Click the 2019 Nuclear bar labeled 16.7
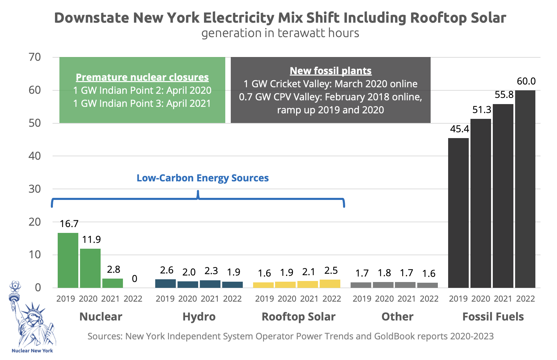(x=68, y=260)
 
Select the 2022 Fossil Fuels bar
(x=525, y=189)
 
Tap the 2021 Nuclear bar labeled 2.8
(x=113, y=283)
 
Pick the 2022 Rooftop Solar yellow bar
(x=330, y=284)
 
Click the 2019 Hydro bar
(x=166, y=283)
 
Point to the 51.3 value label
(x=481, y=110)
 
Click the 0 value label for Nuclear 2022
(x=135, y=279)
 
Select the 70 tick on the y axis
(x=35, y=57)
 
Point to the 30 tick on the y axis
(x=35, y=189)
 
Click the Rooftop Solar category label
(x=298, y=316)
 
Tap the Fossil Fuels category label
(x=493, y=316)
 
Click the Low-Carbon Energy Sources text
(x=203, y=178)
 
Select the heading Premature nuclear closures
(x=142, y=77)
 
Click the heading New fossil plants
(x=330, y=71)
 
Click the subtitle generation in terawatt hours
(x=280, y=33)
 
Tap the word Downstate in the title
(x=92, y=18)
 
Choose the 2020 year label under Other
(x=384, y=299)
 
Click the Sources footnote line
(x=291, y=336)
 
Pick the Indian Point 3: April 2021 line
(x=142, y=103)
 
